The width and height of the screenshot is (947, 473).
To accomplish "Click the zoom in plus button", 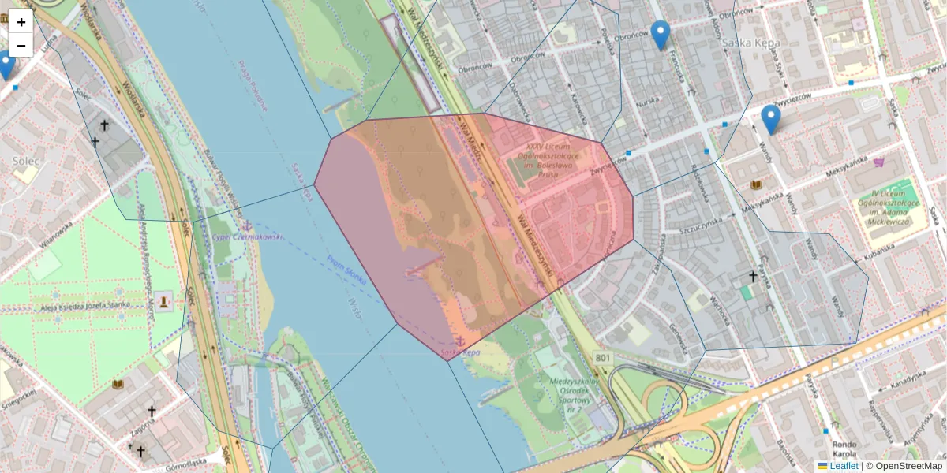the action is [21, 21].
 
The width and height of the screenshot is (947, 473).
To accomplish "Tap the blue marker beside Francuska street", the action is [661, 35].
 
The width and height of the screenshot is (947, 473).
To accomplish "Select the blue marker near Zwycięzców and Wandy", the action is [770, 119].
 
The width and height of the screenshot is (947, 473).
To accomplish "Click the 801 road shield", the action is [604, 359].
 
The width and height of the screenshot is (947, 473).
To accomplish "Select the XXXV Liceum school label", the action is [544, 160].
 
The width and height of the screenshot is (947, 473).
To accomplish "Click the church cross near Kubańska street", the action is [753, 277].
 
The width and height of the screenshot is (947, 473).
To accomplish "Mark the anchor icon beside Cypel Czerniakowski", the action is [247, 226].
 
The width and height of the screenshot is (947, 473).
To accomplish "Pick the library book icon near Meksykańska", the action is [757, 184].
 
